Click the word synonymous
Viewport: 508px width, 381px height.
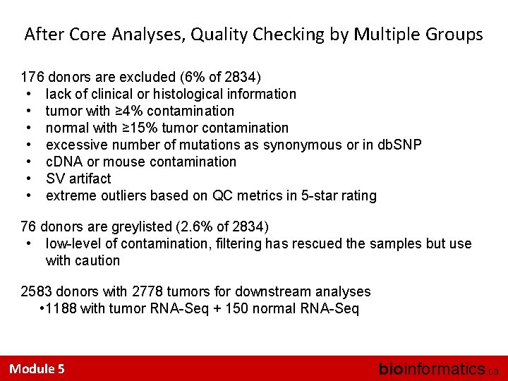pyautogui.click(x=306, y=145)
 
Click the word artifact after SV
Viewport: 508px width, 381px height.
pyautogui.click(x=90, y=179)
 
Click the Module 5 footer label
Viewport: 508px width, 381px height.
pyautogui.click(x=37, y=368)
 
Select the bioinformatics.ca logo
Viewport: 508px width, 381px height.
pyautogui.click(x=437, y=368)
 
